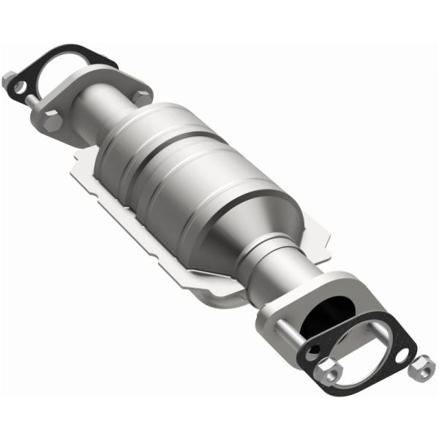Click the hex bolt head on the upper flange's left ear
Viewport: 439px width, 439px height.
pyautogui.click(x=52, y=121)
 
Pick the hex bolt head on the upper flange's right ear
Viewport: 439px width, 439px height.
pyautogui.click(x=141, y=96)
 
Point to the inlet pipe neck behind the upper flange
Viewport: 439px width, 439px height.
pyautogui.click(x=110, y=100)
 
